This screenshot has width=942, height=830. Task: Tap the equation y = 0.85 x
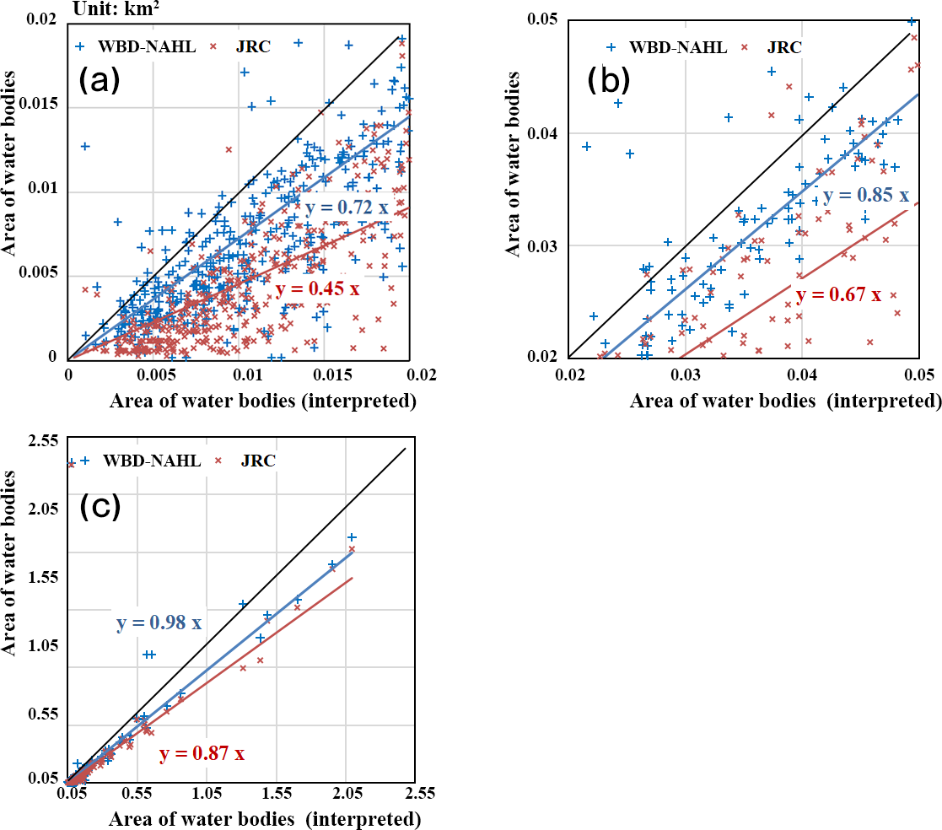tap(866, 196)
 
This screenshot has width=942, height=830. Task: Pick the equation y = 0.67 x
tap(838, 295)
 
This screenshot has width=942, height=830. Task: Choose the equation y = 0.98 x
tap(159, 623)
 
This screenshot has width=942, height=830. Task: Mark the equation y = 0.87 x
tap(202, 753)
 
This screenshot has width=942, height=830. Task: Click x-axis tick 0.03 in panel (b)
tap(686, 374)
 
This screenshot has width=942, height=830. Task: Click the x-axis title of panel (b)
tap(785, 402)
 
